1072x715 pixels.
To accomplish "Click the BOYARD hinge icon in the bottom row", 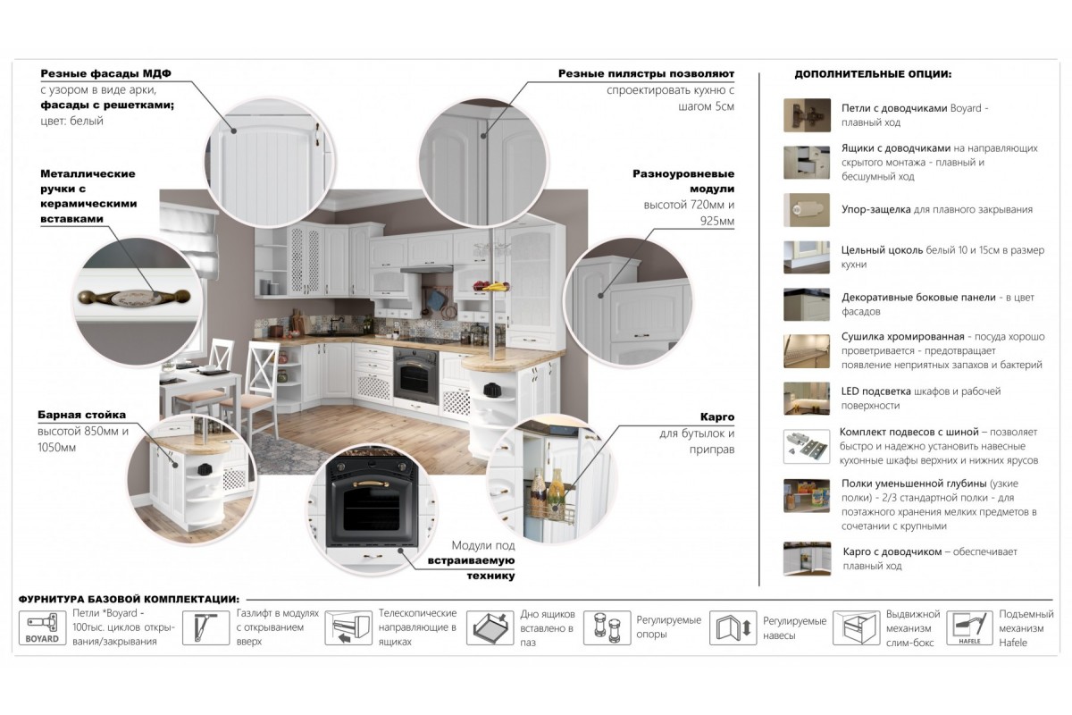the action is click(42, 627).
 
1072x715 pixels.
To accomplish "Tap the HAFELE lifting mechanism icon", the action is click(969, 627).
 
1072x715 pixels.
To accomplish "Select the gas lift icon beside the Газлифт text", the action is click(205, 627).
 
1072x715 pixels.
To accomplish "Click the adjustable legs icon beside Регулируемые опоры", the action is click(607, 627).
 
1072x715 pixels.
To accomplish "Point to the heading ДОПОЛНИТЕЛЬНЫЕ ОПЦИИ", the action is click(873, 74).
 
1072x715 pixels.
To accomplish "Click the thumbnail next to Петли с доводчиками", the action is click(807, 115).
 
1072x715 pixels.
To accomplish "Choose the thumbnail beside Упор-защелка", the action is click(807, 210).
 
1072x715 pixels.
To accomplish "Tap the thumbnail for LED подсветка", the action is click(807, 399).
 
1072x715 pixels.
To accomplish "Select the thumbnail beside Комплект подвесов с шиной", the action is click(807, 446).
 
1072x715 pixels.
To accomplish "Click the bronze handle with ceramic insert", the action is click(134, 298).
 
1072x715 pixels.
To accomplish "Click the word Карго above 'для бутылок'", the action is click(716, 416).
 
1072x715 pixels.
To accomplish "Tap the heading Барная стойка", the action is click(82, 415).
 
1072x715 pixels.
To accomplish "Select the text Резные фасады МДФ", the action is click(105, 74).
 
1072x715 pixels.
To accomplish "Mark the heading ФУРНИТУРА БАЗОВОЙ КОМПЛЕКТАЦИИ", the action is click(130, 600).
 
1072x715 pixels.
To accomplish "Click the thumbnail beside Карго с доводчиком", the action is click(807, 559).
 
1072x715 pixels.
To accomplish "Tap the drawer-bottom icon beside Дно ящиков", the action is click(490, 627).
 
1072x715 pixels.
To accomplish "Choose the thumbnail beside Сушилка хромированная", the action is click(807, 351).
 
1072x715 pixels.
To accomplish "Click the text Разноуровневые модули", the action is click(683, 181).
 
